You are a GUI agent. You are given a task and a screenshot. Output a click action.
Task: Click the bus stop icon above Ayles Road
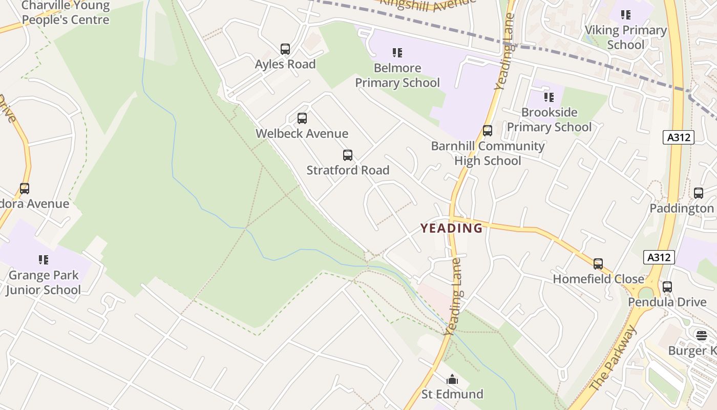pyautogui.click(x=285, y=49)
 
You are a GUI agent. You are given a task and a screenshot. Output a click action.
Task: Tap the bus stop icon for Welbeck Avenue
pyautogui.click(x=302, y=118)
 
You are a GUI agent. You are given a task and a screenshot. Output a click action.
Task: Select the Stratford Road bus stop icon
pyautogui.click(x=348, y=155)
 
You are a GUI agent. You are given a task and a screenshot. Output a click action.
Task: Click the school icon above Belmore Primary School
pyautogui.click(x=397, y=53)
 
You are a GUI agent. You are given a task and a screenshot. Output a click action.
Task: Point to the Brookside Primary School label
pyautogui.click(x=549, y=119)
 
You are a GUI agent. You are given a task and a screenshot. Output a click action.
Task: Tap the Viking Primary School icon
pyautogui.click(x=626, y=15)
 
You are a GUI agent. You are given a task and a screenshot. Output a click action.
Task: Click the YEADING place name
pyautogui.click(x=452, y=228)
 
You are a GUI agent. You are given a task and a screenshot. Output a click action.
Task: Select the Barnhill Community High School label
pyautogui.click(x=488, y=153)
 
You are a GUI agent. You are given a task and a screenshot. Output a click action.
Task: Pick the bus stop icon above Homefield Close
pyautogui.click(x=598, y=264)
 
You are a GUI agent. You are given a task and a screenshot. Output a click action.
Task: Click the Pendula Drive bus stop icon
pyautogui.click(x=667, y=287)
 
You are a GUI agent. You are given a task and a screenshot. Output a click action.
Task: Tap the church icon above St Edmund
pyautogui.click(x=452, y=380)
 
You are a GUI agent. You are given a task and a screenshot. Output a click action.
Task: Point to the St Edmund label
pyautogui.click(x=452, y=394)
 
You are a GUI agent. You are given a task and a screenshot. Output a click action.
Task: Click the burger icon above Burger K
pyautogui.click(x=702, y=336)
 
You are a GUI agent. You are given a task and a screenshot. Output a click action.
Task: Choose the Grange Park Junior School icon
pyautogui.click(x=44, y=260)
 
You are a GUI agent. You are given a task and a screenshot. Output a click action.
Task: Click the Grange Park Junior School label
pyautogui.click(x=44, y=282)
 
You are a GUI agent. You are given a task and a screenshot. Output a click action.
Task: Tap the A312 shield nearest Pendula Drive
pyautogui.click(x=659, y=257)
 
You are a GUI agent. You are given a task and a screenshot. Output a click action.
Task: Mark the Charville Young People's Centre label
pyautogui.click(x=66, y=13)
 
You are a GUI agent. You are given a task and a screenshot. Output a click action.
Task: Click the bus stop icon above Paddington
pyautogui.click(x=699, y=193)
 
